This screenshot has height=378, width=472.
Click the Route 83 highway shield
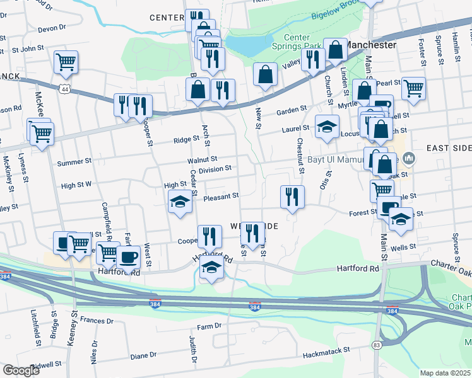point(377,345)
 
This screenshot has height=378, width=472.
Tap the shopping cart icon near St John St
point(66,62)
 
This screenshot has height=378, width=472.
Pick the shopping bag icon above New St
point(266,74)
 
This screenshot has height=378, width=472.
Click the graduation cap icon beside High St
point(180,202)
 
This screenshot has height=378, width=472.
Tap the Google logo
point(21,370)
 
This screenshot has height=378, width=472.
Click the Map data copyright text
point(445,373)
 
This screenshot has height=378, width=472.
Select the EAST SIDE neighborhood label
point(448,148)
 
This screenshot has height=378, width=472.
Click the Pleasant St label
point(221,197)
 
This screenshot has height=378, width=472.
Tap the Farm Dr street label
point(209,326)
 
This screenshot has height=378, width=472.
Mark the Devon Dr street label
point(52,28)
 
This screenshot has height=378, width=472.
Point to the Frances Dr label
point(96,321)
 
